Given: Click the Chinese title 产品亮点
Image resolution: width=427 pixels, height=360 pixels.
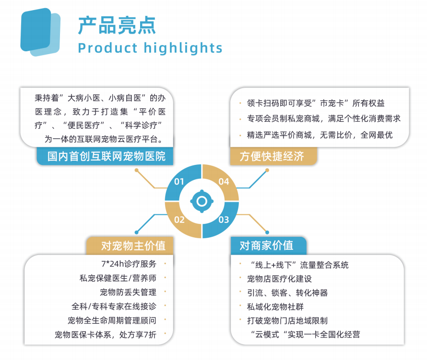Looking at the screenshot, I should [x=117, y=25].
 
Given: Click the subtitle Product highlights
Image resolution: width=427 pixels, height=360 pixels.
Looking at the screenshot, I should [x=150, y=48].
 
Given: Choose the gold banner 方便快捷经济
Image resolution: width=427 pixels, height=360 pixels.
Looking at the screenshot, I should [x=272, y=157].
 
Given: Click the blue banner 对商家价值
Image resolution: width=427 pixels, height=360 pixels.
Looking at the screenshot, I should [x=266, y=246].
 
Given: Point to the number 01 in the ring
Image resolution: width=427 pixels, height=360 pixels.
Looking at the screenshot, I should [x=179, y=182].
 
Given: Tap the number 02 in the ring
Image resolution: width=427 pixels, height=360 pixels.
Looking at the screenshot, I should [x=179, y=220].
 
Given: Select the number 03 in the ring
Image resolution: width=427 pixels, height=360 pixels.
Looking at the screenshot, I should [x=224, y=220].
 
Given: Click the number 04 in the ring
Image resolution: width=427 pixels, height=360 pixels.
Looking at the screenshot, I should [x=224, y=182].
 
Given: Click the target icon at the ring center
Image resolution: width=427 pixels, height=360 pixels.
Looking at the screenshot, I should [x=202, y=201].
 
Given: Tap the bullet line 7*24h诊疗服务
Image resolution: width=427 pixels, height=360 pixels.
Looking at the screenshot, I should [x=127, y=264].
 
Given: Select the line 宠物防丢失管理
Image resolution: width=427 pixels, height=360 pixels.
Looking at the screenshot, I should [x=128, y=292].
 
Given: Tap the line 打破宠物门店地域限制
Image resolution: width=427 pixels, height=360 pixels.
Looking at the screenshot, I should [x=287, y=320].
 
